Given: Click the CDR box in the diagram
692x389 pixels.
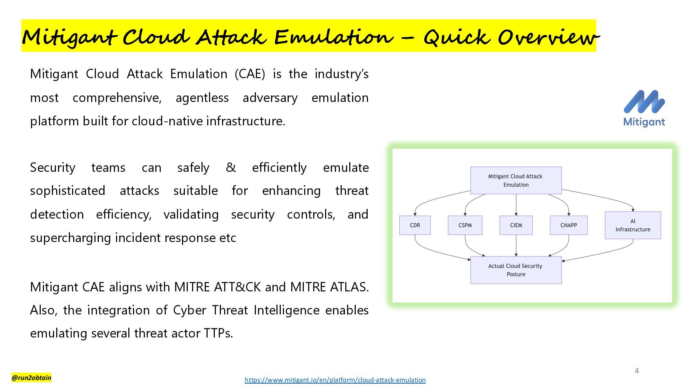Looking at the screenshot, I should pyautogui.click(x=415, y=225).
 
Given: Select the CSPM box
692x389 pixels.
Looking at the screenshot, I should pyautogui.click(x=465, y=225).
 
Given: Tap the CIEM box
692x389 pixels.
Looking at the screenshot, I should pyautogui.click(x=516, y=225).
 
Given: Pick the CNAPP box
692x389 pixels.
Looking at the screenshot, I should pyautogui.click(x=569, y=225).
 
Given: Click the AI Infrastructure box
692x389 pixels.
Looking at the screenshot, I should pyautogui.click(x=633, y=225).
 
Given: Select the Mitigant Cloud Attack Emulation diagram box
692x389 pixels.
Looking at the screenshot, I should pyautogui.click(x=516, y=180).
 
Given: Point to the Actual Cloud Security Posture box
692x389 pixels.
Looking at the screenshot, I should pyautogui.click(x=516, y=270).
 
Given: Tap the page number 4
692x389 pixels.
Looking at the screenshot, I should pyautogui.click(x=637, y=371).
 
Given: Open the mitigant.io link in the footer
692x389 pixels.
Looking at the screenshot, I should pyautogui.click(x=335, y=380).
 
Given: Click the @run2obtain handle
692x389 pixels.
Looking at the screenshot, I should pyautogui.click(x=31, y=377).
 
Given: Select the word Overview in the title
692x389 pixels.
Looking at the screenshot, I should pyautogui.click(x=548, y=37).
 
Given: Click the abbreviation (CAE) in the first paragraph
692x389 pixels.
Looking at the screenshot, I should pyautogui.click(x=250, y=74).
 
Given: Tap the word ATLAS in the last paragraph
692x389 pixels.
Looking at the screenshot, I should pyautogui.click(x=347, y=287).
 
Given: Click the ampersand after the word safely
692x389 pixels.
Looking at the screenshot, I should pyautogui.click(x=231, y=167).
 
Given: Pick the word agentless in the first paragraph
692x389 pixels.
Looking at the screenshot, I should pyautogui.click(x=202, y=98).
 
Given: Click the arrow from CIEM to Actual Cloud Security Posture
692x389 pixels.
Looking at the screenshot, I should pyautogui.click(x=516, y=246).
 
